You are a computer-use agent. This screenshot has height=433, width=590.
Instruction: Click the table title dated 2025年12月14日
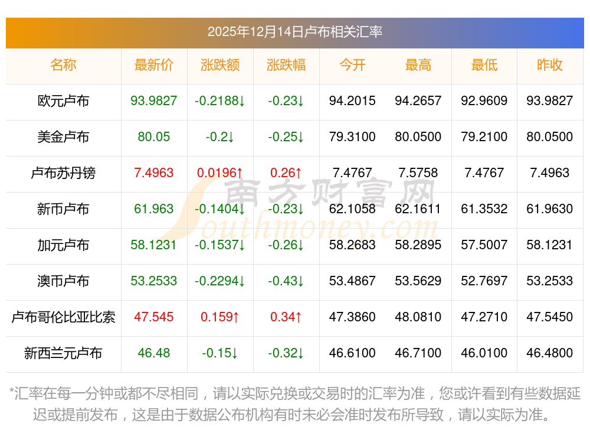pyautogui.click(x=294, y=31)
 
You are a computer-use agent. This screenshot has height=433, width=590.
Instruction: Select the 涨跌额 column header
pyautogui.click(x=220, y=65)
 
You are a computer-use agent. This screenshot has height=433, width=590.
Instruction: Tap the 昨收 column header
pyautogui.click(x=549, y=65)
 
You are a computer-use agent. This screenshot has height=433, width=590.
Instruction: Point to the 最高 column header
pyautogui.click(x=418, y=65)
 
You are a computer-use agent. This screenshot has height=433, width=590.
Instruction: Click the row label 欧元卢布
pyautogui.click(x=63, y=101)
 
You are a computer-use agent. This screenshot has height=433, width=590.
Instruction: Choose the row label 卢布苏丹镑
pyautogui.click(x=63, y=173)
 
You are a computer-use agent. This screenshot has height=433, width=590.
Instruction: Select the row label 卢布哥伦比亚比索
pyautogui.click(x=63, y=317)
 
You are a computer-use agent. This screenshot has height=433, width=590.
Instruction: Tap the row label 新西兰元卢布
pyautogui.click(x=63, y=353)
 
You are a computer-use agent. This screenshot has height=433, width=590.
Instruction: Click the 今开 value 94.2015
pyautogui.click(x=352, y=101)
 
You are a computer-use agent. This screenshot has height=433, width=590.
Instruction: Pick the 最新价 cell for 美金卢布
pyautogui.click(x=154, y=137)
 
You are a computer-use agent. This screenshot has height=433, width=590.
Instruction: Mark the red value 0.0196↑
pyautogui.click(x=220, y=173)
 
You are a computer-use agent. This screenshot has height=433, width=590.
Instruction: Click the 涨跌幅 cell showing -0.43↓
pyautogui.click(x=286, y=281)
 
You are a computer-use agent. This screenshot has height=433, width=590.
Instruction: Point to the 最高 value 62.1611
pyautogui.click(x=418, y=209)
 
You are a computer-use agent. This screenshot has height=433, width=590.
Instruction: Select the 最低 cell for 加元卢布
pyautogui.click(x=484, y=245)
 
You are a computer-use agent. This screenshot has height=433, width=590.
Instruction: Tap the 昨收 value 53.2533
pyautogui.click(x=549, y=281)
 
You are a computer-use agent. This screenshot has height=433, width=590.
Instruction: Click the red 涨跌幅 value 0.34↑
pyautogui.click(x=286, y=317)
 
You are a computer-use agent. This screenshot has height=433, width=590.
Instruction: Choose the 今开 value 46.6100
pyautogui.click(x=352, y=353)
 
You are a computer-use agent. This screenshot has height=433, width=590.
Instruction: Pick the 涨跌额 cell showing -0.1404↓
pyautogui.click(x=220, y=209)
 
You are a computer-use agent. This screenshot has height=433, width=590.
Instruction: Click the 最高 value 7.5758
pyautogui.click(x=418, y=173)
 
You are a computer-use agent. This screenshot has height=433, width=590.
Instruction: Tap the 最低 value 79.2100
pyautogui.click(x=484, y=137)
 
